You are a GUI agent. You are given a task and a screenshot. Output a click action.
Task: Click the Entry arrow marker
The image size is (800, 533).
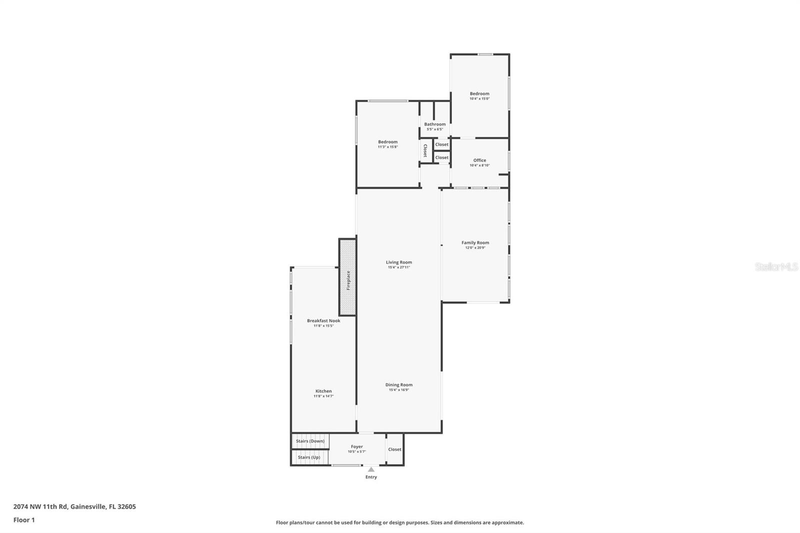tap(371, 469)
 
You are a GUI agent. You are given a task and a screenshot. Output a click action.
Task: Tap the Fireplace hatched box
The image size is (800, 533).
tap(347, 277)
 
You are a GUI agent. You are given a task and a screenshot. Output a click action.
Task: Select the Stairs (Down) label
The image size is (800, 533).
tap(310, 441)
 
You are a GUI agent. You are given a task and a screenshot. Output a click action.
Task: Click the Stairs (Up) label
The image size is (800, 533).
tap(309, 457)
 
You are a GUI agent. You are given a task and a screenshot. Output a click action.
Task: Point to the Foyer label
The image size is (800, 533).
tap(357, 446)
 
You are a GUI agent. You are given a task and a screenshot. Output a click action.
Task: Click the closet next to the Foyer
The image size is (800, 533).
tap(394, 449)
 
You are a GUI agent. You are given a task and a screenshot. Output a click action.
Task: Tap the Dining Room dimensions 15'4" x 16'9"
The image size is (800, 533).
tap(399, 390)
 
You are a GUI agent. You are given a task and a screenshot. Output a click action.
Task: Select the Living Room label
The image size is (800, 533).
tap(399, 262)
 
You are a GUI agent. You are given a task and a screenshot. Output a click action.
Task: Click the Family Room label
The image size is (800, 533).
tap(475, 242)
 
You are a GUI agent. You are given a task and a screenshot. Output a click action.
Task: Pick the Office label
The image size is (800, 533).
tap(479, 160)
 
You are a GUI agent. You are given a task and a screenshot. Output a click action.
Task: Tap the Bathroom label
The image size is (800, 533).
tap(435, 124)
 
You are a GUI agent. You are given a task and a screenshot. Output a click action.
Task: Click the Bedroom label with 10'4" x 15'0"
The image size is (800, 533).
tap(479, 93)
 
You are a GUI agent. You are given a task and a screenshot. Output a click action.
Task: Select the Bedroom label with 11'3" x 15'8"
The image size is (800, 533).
tap(387, 141)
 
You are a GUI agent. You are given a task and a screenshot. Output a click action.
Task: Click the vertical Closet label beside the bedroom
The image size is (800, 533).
tap(425, 150)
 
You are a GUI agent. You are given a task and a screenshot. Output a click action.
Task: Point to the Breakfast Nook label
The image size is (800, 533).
tap(323, 320)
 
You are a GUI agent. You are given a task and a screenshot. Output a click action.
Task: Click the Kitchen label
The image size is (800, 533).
tap(323, 391)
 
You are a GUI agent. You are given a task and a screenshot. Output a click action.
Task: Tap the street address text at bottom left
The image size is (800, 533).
tap(74, 506)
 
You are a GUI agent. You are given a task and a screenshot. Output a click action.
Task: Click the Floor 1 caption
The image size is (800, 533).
tap(24, 520)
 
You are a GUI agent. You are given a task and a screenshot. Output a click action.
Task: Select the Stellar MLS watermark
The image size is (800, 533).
tap(776, 267)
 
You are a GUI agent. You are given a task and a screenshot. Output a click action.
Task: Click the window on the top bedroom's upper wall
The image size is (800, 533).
tap(485, 54)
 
